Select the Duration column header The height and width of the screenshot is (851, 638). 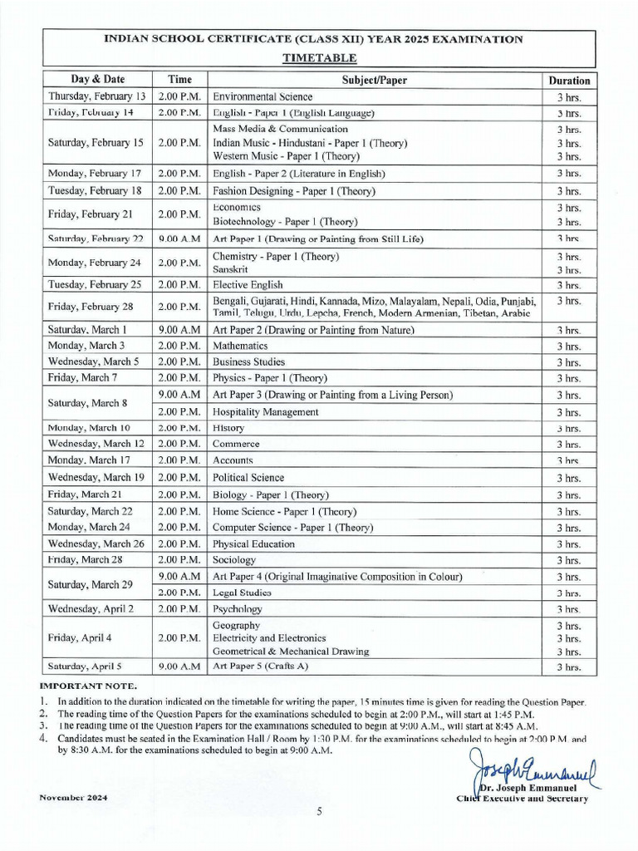(569, 81)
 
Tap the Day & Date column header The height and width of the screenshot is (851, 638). (97, 80)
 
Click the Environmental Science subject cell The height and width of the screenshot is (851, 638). (263, 97)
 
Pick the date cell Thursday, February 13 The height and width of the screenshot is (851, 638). (97, 97)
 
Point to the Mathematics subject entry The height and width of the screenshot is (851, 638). (240, 346)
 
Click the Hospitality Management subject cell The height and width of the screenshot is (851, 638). (266, 412)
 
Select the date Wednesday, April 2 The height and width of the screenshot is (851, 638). (91, 609)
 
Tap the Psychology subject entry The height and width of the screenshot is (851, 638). (238, 609)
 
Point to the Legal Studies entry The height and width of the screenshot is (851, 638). (243, 593)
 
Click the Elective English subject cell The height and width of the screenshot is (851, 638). (248, 284)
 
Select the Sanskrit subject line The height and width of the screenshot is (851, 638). (230, 270)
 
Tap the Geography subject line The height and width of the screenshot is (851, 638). (237, 625)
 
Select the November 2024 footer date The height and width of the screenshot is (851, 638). (73, 798)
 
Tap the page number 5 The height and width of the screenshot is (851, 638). (319, 813)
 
